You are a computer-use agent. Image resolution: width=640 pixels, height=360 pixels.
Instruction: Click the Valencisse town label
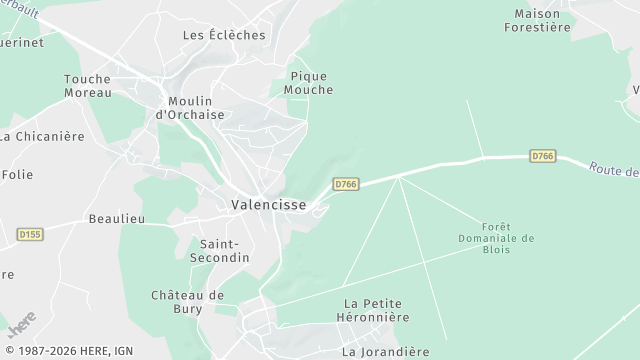268,204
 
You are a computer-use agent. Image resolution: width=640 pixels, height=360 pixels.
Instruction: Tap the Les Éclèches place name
224,35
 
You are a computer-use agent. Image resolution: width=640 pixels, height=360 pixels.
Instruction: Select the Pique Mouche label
308,83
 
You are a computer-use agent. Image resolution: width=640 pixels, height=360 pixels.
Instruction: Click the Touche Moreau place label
87,86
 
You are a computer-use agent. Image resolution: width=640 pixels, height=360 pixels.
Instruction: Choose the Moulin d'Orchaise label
189,108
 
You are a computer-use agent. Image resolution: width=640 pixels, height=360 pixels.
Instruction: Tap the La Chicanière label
43,137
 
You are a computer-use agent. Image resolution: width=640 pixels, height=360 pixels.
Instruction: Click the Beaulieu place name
117,218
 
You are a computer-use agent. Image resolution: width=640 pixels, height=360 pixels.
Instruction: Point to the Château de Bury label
189,302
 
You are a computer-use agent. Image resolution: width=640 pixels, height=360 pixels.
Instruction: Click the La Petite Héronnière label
376,310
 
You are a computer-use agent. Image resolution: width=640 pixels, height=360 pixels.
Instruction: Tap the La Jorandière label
385,352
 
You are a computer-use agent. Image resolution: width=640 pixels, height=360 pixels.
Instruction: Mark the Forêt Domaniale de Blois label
496,238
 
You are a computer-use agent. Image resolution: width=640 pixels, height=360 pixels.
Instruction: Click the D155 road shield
30,234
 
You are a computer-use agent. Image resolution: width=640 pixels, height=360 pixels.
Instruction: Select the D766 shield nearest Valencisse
345,184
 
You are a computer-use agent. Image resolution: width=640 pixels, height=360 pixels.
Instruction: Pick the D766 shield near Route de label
542,156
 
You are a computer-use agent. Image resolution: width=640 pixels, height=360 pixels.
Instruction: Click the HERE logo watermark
22,324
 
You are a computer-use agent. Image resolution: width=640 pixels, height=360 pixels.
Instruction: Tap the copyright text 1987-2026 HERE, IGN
68,352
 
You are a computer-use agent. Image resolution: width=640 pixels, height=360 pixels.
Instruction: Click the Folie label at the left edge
17,174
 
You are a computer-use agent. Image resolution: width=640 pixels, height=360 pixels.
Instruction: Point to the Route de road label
613,170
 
